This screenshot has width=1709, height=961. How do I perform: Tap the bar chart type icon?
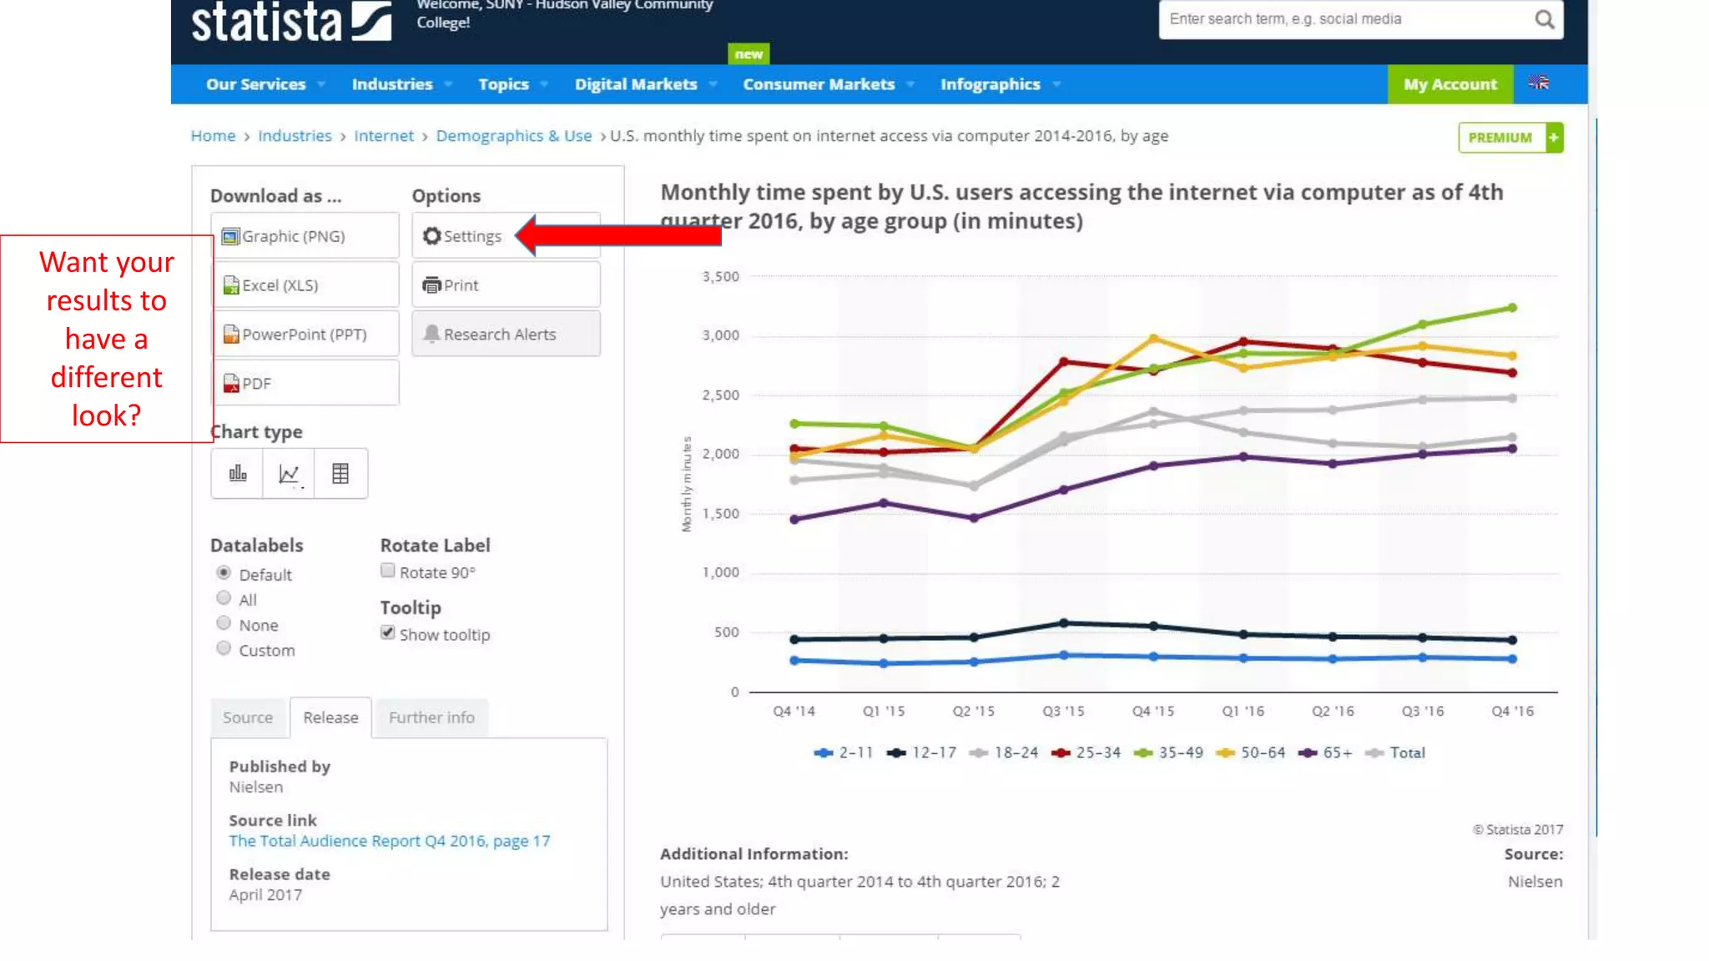click(238, 474)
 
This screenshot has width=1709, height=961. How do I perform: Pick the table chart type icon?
click(340, 474)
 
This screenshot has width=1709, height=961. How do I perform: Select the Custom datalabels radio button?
click(224, 648)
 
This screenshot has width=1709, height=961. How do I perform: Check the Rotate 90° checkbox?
click(388, 571)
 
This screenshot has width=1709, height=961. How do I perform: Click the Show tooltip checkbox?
click(388, 632)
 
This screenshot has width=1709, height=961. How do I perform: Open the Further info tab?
click(431, 717)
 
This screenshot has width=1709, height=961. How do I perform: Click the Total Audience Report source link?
click(389, 841)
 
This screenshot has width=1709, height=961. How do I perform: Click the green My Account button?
click(1449, 84)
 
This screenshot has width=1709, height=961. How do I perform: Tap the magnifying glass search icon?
click(1544, 19)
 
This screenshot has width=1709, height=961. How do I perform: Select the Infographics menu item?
click(990, 84)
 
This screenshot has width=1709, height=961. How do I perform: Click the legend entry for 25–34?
click(1088, 752)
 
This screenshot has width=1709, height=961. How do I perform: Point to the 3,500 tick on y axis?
click(720, 276)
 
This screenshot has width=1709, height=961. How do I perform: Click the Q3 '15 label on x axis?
click(1063, 711)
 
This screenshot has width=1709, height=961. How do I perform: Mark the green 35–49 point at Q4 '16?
click(1512, 308)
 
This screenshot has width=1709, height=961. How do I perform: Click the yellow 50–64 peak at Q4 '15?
click(1153, 338)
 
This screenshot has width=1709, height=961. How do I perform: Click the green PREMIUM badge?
click(1500, 138)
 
